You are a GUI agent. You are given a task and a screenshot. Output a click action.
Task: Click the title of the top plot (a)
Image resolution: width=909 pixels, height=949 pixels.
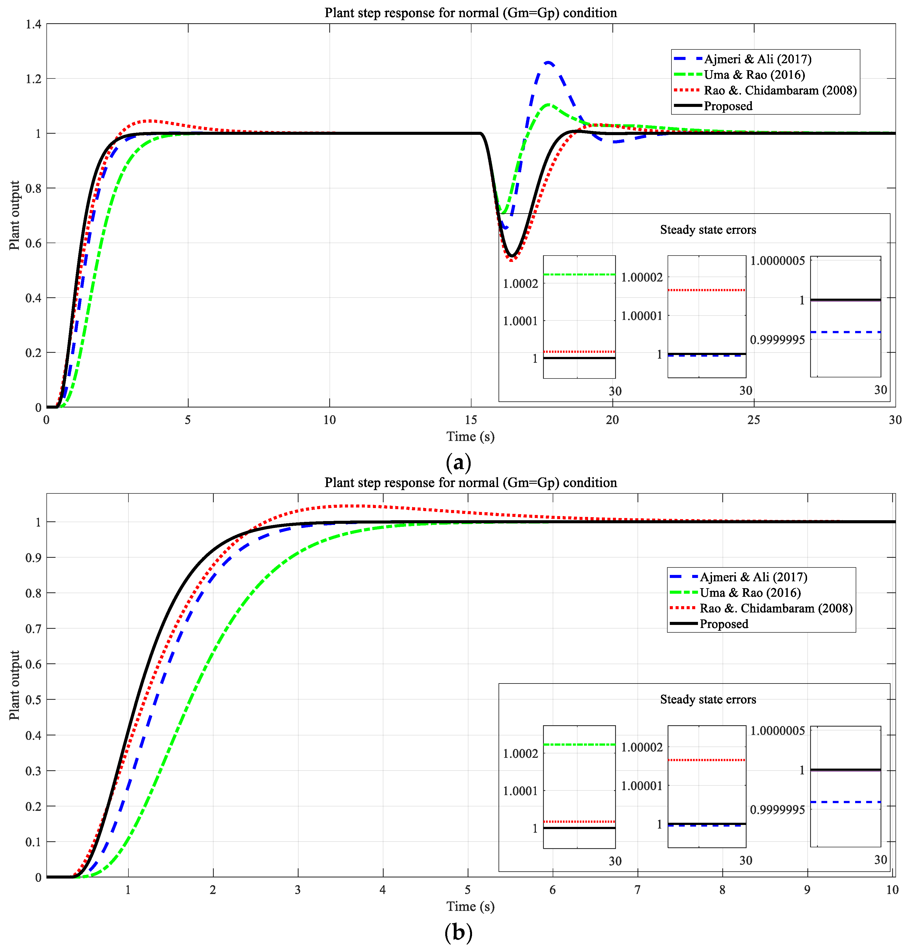pyautogui.click(x=470, y=13)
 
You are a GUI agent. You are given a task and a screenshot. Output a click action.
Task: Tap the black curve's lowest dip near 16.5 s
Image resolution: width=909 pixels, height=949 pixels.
pyautogui.click(x=512, y=256)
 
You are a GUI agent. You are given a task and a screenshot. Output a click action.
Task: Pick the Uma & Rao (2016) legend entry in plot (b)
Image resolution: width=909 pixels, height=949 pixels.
pyautogui.click(x=749, y=593)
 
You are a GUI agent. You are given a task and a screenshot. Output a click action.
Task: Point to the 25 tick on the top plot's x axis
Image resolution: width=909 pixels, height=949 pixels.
pyautogui.click(x=753, y=420)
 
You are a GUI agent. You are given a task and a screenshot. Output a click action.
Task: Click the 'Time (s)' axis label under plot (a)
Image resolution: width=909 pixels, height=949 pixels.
pyautogui.click(x=470, y=437)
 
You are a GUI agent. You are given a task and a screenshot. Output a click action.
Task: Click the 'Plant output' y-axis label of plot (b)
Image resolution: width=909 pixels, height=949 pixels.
pyautogui.click(x=15, y=685)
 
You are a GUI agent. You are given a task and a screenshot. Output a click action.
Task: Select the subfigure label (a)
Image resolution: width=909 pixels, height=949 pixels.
pyautogui.click(x=458, y=462)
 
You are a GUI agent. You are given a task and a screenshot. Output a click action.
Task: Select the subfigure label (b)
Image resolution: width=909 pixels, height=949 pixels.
pyautogui.click(x=458, y=932)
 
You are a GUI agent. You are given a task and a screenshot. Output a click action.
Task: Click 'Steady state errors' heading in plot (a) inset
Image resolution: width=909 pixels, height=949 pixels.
pyautogui.click(x=708, y=230)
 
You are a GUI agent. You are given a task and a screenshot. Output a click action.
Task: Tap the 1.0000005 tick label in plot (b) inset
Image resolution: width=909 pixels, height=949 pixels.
pyautogui.click(x=777, y=731)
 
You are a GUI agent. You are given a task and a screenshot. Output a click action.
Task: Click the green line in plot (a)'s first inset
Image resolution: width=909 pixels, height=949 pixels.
pyautogui.click(x=579, y=275)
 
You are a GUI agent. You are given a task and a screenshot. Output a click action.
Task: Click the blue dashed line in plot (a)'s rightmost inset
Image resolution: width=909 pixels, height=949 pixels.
pyautogui.click(x=845, y=332)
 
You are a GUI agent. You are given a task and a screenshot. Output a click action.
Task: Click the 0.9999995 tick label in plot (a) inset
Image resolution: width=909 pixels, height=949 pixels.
pyautogui.click(x=777, y=340)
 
